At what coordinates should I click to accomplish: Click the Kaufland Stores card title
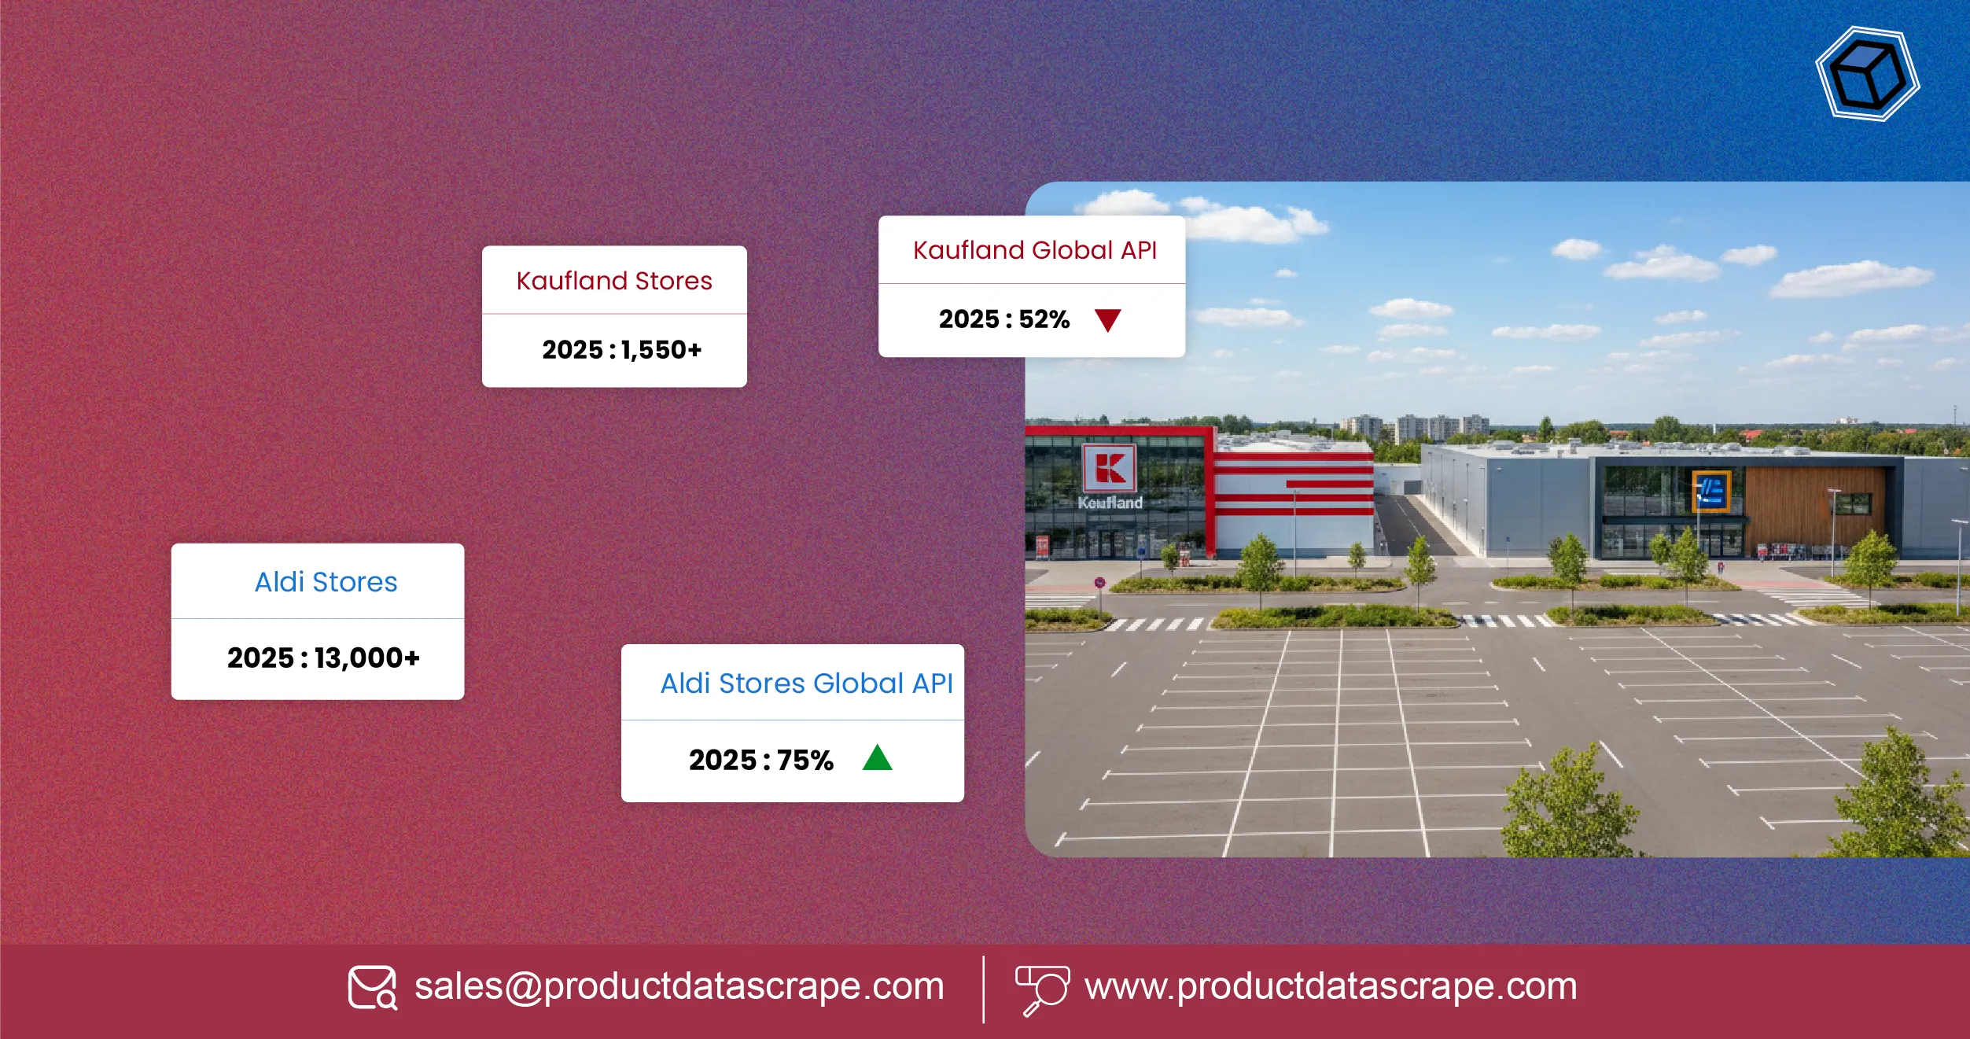point(614,281)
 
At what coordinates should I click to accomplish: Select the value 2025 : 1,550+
point(621,350)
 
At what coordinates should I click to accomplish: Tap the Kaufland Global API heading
point(1035,250)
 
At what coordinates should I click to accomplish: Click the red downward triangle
point(1107,320)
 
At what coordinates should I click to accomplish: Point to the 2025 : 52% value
point(1004,319)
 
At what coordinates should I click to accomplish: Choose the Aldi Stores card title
point(326,582)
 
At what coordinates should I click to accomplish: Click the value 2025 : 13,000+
point(323,658)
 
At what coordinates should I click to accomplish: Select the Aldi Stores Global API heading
point(806,683)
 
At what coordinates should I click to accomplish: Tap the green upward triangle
point(877,757)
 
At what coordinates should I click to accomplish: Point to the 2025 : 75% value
point(760,760)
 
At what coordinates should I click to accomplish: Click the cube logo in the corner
point(1868,74)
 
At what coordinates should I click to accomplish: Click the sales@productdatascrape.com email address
point(679,986)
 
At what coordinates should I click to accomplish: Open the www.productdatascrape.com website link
point(1331,986)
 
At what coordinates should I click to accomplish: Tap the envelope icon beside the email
point(373,988)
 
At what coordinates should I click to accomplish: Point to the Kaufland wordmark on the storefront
point(1110,503)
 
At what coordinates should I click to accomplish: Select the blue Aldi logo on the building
point(1711,492)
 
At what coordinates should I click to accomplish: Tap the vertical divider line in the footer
point(983,989)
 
